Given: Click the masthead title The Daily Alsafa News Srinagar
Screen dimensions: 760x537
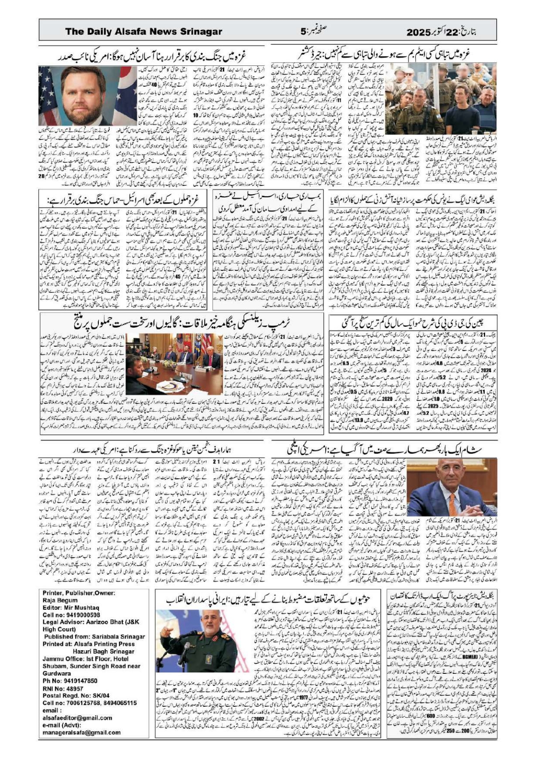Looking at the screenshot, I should [144, 32].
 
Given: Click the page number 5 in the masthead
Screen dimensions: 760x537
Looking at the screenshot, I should [303, 32].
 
